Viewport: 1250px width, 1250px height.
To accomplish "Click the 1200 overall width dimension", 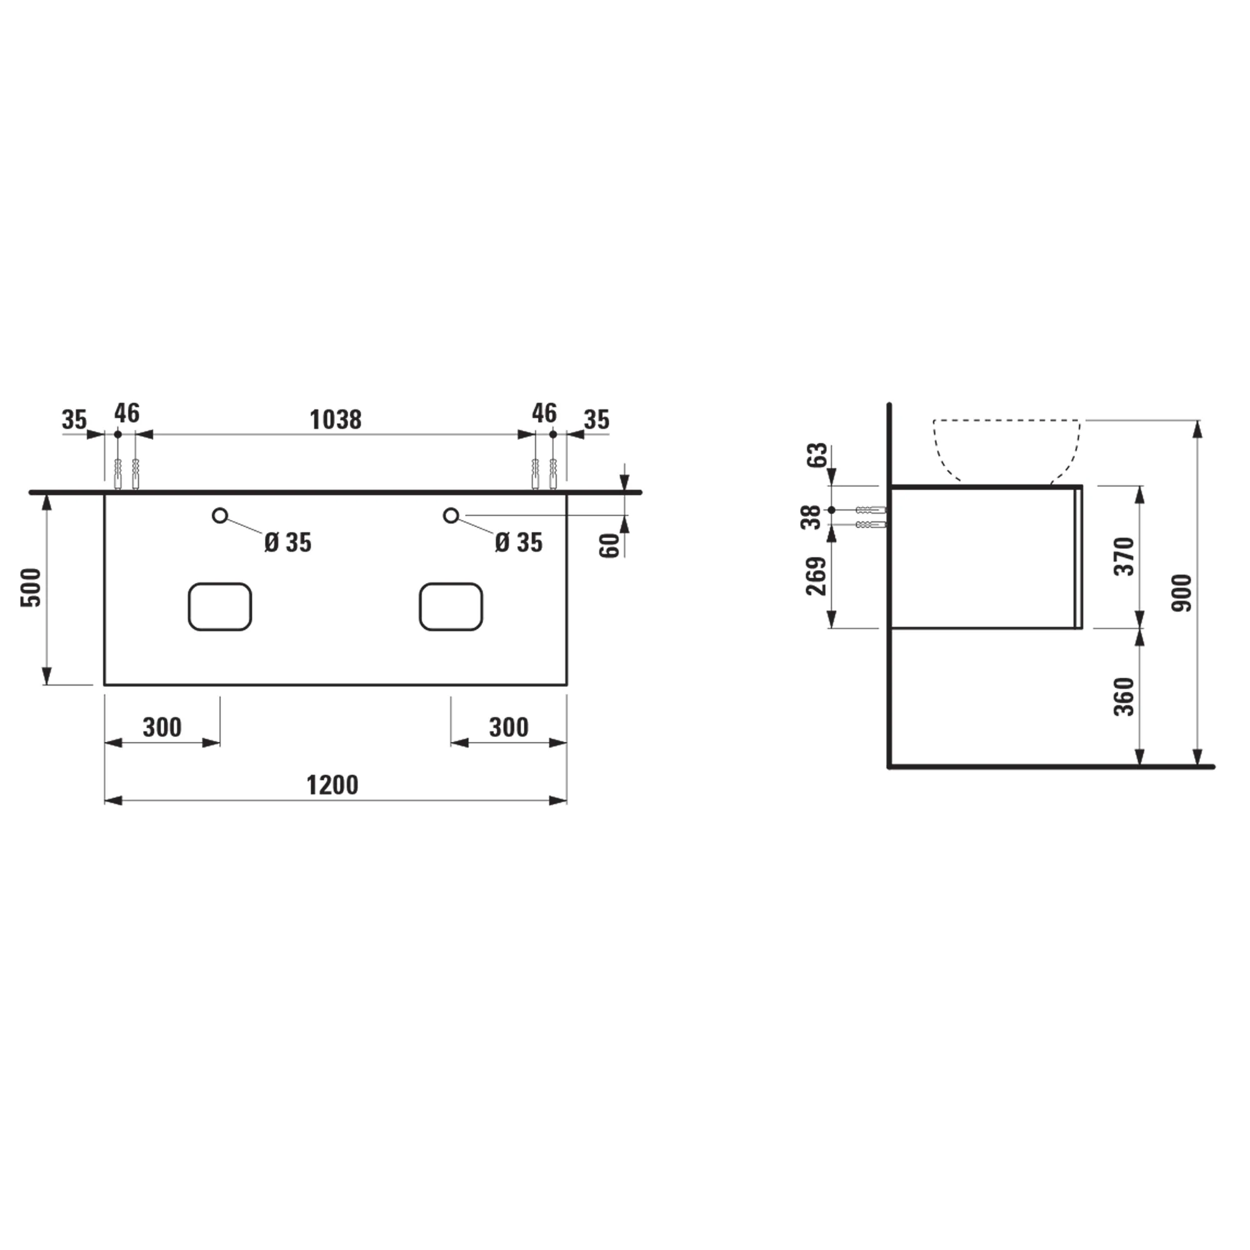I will (332, 786).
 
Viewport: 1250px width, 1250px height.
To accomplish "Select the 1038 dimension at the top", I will (335, 420).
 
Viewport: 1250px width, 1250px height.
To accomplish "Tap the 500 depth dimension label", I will (31, 587).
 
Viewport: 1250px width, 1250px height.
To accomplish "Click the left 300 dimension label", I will (162, 727).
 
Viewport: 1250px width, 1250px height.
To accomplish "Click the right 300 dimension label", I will (509, 727).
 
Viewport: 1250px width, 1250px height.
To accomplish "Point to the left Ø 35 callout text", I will (288, 543).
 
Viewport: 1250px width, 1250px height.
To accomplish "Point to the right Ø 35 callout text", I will (518, 543).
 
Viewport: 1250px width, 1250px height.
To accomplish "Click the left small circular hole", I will (220, 516).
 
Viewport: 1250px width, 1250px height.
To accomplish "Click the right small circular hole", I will (451, 516).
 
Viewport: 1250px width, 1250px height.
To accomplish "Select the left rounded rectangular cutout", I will (220, 606).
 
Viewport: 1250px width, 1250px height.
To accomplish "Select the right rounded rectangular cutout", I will (451, 606).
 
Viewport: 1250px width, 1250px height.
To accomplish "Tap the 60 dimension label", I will (609, 546).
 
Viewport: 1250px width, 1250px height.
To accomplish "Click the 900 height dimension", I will (1181, 592).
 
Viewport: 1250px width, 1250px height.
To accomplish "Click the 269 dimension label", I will (816, 575).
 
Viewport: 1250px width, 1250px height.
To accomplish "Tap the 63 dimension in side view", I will (817, 454).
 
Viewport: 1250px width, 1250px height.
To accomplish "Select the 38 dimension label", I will (811, 516).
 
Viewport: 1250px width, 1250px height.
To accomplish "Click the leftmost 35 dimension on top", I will (74, 420).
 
